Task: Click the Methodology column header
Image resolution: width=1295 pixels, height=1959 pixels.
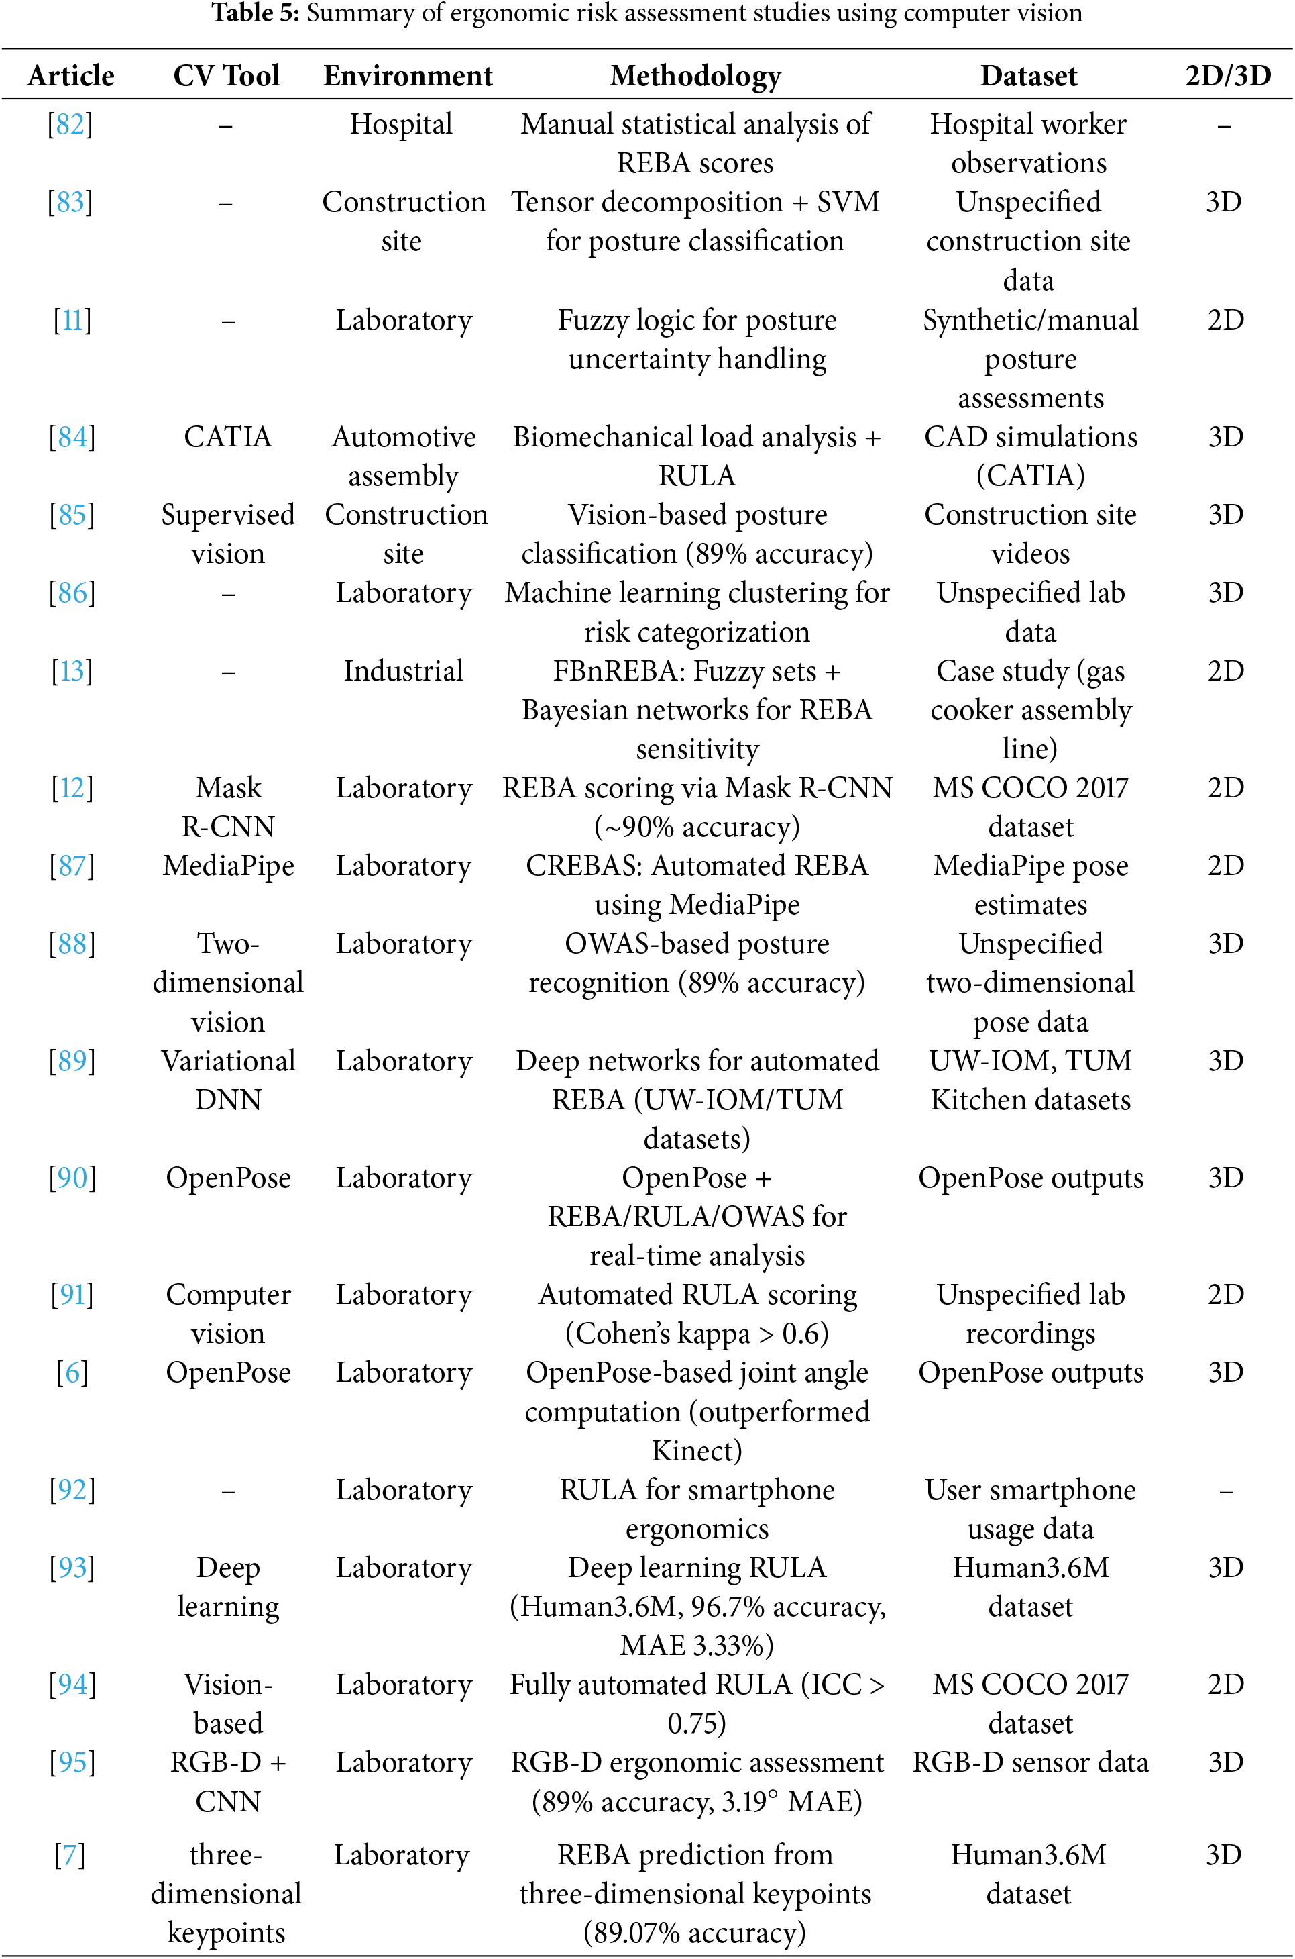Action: (x=695, y=76)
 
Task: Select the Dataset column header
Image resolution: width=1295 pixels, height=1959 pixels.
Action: (x=1028, y=76)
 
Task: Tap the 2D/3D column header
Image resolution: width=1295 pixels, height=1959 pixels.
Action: (x=1227, y=76)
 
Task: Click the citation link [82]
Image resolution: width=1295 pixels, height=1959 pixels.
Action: (x=70, y=125)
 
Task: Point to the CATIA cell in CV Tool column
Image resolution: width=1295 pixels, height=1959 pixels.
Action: (x=228, y=437)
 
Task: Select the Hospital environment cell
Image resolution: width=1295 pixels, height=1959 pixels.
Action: (x=402, y=125)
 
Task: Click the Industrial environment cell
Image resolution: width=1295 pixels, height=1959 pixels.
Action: (x=403, y=671)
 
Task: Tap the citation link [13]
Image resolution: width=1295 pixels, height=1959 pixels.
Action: (x=72, y=671)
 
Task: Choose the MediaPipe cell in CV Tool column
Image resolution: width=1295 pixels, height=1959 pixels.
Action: (x=228, y=866)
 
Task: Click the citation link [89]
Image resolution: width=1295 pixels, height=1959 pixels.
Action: (x=72, y=1061)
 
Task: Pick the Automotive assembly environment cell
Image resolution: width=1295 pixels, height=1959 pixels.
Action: (x=403, y=456)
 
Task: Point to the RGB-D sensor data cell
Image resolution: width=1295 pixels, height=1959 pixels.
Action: (x=1030, y=1762)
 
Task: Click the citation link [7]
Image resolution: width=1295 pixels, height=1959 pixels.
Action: (x=70, y=1855)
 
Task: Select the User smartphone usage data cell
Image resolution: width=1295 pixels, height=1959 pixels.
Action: (x=1030, y=1509)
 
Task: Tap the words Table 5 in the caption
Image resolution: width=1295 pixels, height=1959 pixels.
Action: (x=254, y=13)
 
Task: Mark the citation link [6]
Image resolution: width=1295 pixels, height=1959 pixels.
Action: (x=72, y=1373)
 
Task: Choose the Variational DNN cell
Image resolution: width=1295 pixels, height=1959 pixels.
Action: (x=228, y=1080)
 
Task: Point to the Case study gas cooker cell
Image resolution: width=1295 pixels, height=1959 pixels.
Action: (x=1030, y=710)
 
